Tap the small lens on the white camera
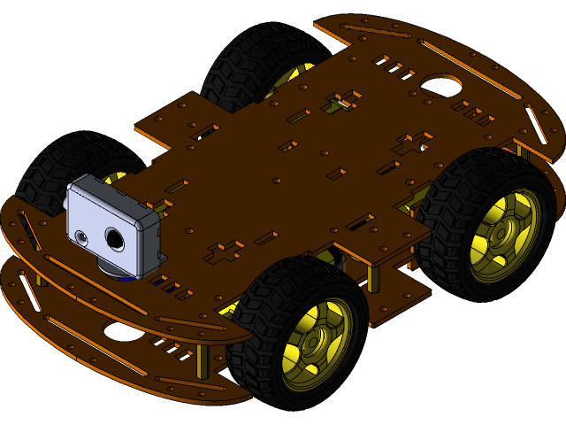pos(82,237)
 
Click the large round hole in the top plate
pos(440,86)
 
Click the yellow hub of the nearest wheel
pos(311,346)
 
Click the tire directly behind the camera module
pos(53,168)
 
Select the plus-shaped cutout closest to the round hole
pos(412,143)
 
